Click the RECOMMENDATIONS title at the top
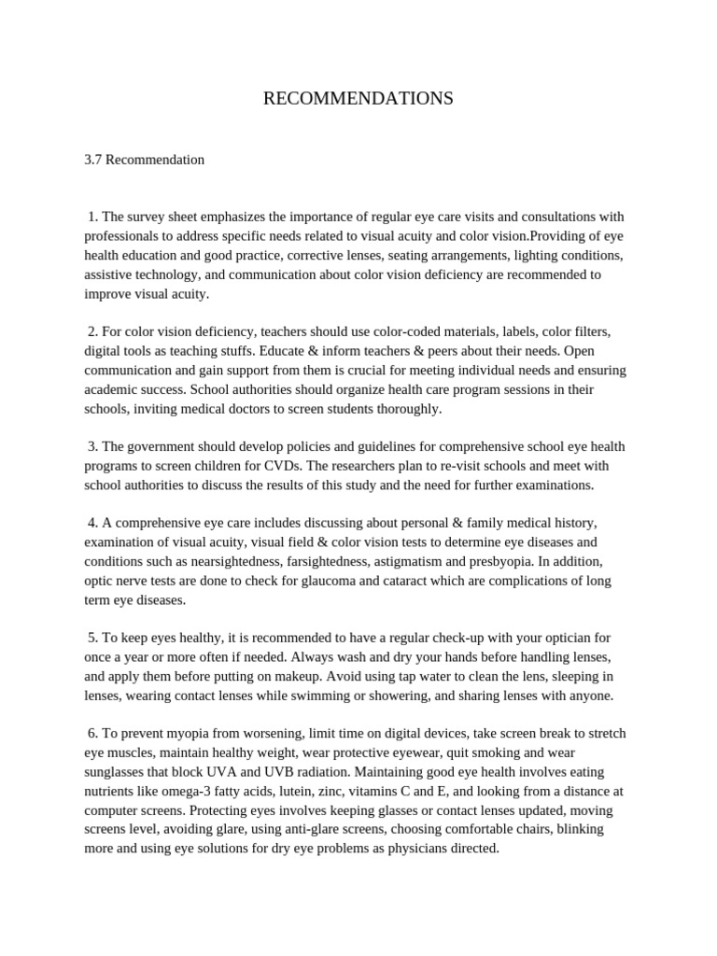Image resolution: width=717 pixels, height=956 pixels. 358,98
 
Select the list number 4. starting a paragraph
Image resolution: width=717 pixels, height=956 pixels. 92,523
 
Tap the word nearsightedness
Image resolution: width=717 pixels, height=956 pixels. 237,561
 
